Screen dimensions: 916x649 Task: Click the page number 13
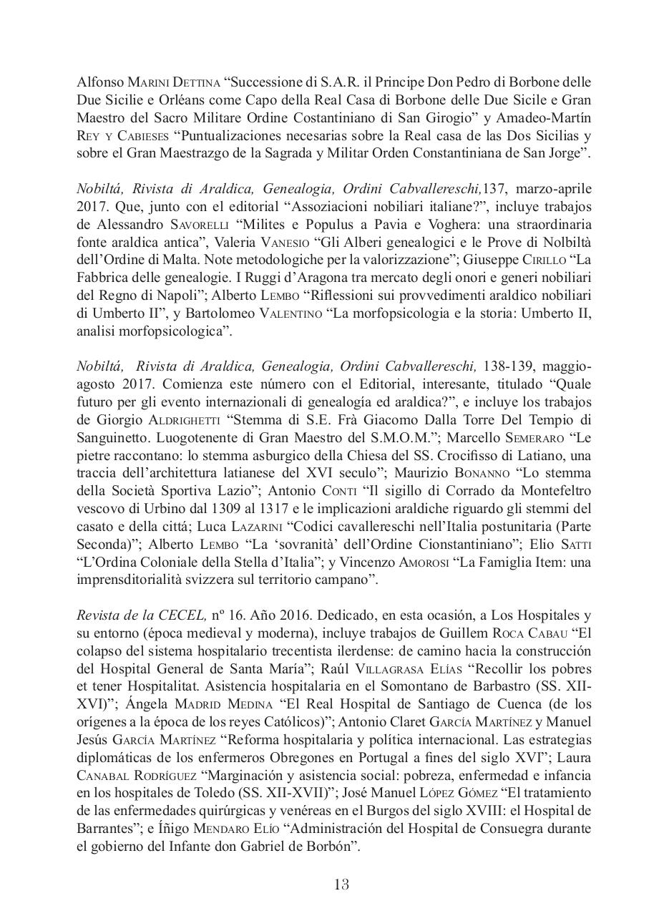click(341, 885)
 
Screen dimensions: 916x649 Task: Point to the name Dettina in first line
click(179, 82)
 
